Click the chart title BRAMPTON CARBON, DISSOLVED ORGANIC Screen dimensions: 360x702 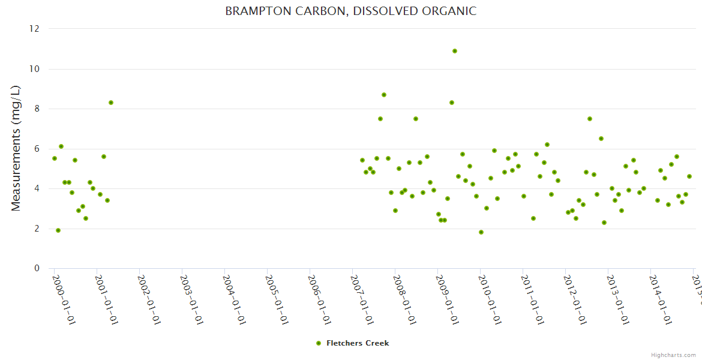(350, 11)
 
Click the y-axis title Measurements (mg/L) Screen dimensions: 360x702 (16, 148)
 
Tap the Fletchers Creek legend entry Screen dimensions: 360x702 (353, 343)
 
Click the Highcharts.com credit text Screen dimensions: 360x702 (673, 355)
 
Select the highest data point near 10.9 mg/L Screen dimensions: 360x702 (455, 51)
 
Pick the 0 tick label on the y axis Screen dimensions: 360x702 (37, 268)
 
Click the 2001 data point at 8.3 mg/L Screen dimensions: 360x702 (111, 103)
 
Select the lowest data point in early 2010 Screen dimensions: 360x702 (481, 232)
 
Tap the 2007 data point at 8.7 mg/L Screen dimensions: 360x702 (384, 95)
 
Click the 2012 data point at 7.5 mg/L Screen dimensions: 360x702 (590, 119)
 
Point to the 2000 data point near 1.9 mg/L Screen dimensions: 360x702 (58, 230)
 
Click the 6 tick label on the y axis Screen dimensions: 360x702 (37, 149)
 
